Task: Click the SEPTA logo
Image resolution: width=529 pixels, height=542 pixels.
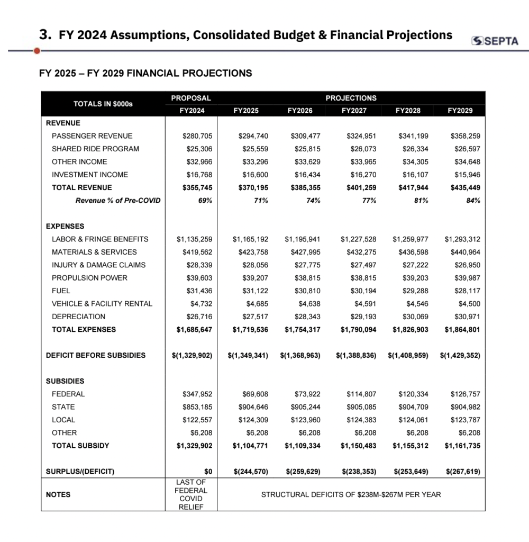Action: click(495, 41)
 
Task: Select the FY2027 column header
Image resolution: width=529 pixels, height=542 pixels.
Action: click(354, 111)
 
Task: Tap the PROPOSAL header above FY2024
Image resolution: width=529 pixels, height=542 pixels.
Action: click(191, 98)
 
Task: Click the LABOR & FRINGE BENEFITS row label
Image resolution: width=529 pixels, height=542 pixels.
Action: click(100, 239)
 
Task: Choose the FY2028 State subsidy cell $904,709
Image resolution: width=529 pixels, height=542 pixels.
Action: click(413, 407)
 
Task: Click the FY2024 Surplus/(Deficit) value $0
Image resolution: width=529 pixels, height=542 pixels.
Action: click(208, 471)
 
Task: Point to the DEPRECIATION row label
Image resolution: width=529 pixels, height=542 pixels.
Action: click(78, 317)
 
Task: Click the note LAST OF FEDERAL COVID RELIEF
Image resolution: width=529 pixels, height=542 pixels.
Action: click(191, 494)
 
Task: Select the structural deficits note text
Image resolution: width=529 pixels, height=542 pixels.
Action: click(351, 495)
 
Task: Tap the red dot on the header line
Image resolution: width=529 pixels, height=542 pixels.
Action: click(37, 51)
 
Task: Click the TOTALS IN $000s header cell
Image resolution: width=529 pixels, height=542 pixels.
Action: click(103, 104)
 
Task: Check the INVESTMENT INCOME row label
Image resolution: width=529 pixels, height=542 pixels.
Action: click(90, 175)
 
